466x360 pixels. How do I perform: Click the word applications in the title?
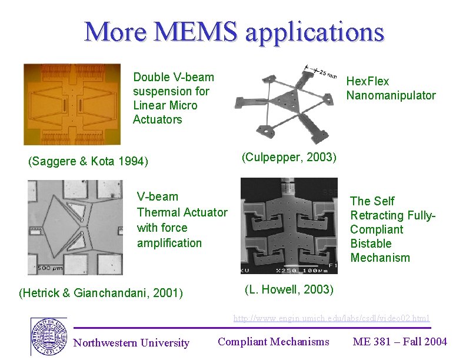pyautogui.click(x=314, y=32)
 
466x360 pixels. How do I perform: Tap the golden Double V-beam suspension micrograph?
pyautogui.click(x=72, y=104)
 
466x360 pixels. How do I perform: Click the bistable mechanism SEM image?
pyautogui.click(x=289, y=226)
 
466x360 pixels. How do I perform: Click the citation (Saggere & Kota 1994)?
pyautogui.click(x=88, y=161)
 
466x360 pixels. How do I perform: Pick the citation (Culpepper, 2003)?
pyautogui.click(x=289, y=157)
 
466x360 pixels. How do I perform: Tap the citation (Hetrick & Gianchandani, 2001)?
pyautogui.click(x=101, y=292)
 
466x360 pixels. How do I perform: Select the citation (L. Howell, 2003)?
pyautogui.click(x=288, y=289)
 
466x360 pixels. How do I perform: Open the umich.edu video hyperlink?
pyautogui.click(x=331, y=318)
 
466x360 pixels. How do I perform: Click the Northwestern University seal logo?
pyautogui.click(x=48, y=336)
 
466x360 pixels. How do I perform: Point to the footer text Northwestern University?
pyautogui.click(x=131, y=343)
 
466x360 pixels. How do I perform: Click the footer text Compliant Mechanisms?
pyautogui.click(x=273, y=341)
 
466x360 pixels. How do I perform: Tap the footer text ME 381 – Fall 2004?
pyautogui.click(x=400, y=341)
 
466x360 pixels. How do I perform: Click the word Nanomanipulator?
pyautogui.click(x=391, y=95)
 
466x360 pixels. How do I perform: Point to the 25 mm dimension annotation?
pyautogui.click(x=325, y=74)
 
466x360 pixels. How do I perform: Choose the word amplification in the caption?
pyautogui.click(x=169, y=243)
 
